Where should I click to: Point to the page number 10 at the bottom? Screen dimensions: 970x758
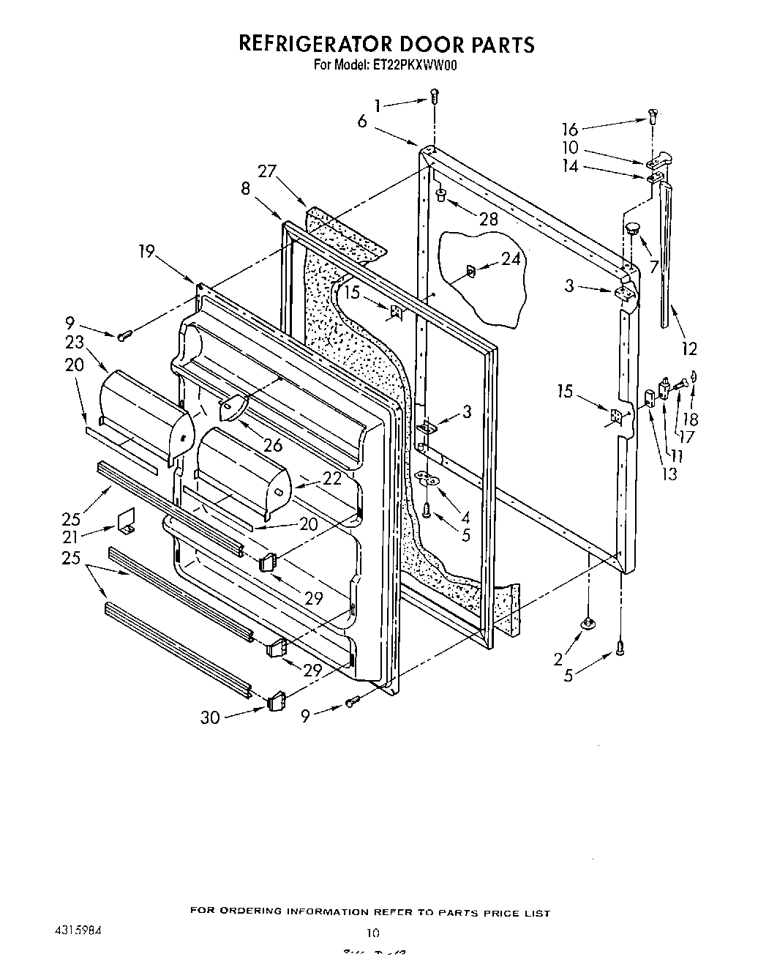(373, 933)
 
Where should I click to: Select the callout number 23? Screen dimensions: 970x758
(74, 342)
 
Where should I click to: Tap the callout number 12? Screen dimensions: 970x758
(688, 349)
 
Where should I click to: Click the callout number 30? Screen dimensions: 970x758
(211, 718)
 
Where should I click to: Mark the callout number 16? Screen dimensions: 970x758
(570, 130)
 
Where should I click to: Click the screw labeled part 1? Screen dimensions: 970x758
(435, 95)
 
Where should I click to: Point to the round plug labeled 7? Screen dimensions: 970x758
(631, 228)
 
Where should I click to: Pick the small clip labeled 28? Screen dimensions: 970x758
(442, 195)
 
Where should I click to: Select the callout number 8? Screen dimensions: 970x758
(245, 189)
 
